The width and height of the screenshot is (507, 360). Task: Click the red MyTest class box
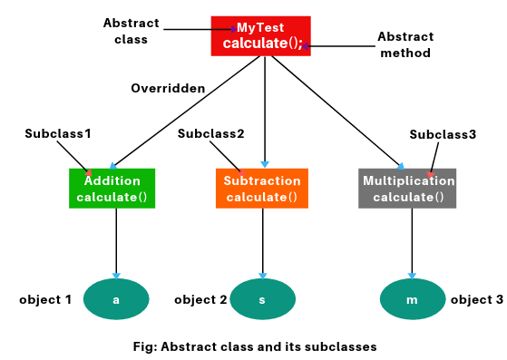click(260, 36)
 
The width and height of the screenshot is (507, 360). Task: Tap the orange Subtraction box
click(261, 189)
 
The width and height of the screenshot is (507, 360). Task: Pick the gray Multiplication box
click(407, 189)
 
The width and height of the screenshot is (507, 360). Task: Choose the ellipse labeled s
click(263, 299)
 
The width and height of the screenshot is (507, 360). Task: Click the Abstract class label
click(131, 31)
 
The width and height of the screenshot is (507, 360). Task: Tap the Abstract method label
click(405, 44)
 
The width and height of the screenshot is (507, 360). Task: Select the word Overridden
click(168, 88)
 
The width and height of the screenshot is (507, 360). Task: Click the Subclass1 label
click(58, 133)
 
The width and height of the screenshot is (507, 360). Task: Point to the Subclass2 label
click(211, 133)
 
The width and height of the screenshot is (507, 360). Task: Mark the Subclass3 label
click(443, 134)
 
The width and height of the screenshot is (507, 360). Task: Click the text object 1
click(45, 299)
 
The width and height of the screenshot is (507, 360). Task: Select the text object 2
click(200, 299)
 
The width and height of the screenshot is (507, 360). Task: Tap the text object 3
click(476, 299)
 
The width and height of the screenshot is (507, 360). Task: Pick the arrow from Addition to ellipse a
click(116, 243)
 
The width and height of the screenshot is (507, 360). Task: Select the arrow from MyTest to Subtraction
click(264, 109)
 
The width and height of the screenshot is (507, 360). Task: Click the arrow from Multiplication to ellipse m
click(413, 243)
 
